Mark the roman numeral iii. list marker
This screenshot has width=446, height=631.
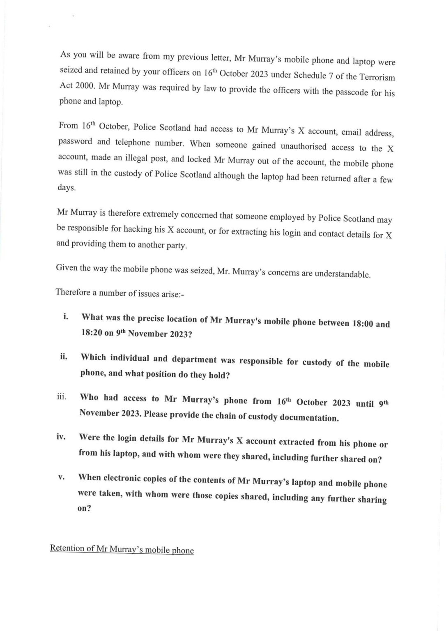tap(62, 397)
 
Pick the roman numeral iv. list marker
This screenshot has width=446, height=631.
tap(62, 436)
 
